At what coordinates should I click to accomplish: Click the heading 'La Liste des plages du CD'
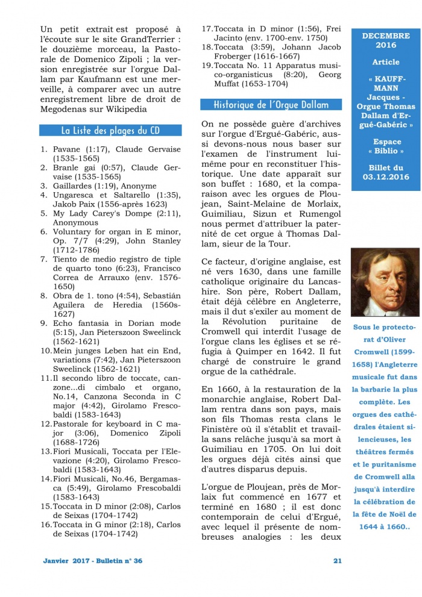[x=110, y=130]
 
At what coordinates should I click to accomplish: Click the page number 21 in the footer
[x=337, y=561]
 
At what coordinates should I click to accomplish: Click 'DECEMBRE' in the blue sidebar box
[x=385, y=36]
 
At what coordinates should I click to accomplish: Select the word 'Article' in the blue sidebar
[x=385, y=62]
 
